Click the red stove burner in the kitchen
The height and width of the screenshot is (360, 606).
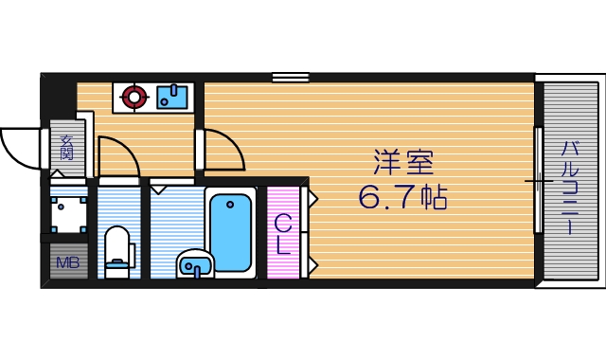click(134, 96)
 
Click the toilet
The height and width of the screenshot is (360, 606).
click(117, 250)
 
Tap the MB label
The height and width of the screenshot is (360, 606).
click(67, 262)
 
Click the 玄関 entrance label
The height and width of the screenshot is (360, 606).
click(66, 148)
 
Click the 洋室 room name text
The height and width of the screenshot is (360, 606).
click(402, 163)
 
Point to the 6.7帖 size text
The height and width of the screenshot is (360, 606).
click(402, 197)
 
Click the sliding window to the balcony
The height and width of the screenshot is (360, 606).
click(538, 179)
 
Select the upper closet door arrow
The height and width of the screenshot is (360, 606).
click(311, 198)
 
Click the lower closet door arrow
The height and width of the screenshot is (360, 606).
click(311, 261)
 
